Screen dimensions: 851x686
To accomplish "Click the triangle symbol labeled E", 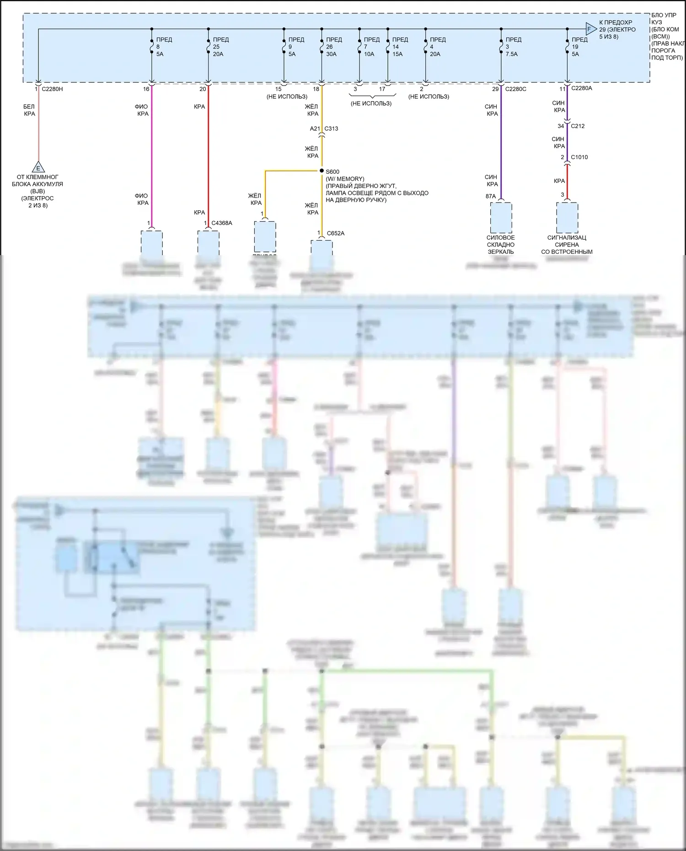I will pos(38,167).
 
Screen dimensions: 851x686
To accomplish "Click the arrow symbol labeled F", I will pos(591,29).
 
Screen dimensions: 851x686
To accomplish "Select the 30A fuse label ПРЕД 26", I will pos(331,47).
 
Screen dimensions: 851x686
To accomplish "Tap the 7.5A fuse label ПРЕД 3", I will pos(512,47).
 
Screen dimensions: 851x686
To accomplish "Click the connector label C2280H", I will pos(52,89).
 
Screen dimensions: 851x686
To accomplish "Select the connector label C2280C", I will pos(515,89).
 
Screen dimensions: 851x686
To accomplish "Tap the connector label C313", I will pos(331,128).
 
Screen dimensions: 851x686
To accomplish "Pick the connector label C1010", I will pos(579,157).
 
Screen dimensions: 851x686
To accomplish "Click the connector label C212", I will pos(578,126).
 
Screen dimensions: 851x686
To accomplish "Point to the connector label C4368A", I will pos(222,223).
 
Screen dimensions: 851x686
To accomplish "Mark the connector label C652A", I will pos(336,233).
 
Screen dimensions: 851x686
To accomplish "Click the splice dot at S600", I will pos(322,171).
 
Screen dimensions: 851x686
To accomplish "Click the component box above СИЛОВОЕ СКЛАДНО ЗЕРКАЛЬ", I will pos(501,218).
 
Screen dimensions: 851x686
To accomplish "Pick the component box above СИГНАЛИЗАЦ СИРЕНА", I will pos(567,218).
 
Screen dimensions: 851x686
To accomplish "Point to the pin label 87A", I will pos(491,196).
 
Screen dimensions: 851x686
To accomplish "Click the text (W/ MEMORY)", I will pos(345,179).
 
